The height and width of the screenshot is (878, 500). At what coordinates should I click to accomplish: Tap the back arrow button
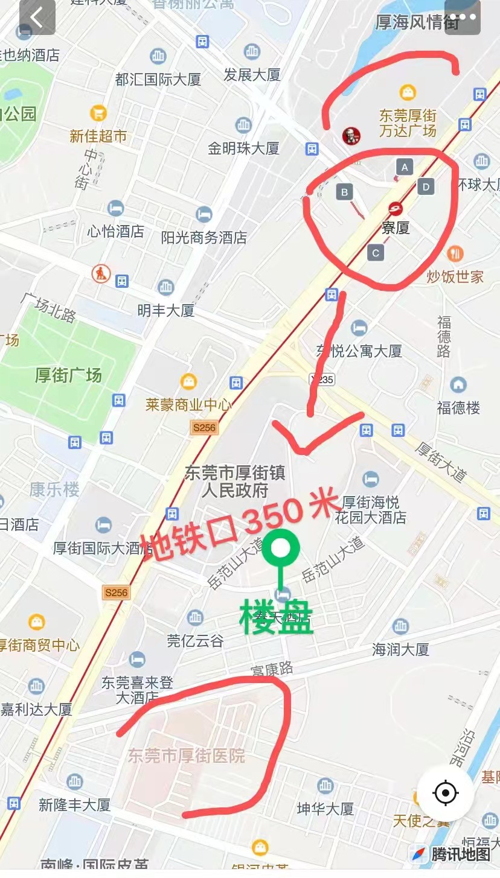(x=37, y=18)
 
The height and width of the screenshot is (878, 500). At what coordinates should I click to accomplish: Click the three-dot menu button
(x=462, y=18)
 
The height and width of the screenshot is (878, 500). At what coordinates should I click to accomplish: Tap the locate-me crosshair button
(x=446, y=792)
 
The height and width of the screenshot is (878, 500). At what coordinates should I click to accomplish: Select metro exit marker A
(x=404, y=166)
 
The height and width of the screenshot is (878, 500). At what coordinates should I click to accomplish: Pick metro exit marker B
(x=344, y=192)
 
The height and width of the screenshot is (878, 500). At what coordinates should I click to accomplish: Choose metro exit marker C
(x=376, y=253)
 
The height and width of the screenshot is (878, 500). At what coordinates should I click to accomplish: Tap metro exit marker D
(x=426, y=187)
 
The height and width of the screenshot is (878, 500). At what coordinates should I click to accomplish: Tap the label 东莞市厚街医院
(x=186, y=756)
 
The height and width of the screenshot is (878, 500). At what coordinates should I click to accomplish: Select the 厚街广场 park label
(x=68, y=375)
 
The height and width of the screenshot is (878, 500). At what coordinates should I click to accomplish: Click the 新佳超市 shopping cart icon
(x=98, y=113)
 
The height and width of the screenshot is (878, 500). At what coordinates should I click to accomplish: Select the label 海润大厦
(x=400, y=649)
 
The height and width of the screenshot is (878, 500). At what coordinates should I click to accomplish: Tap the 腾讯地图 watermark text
(x=460, y=854)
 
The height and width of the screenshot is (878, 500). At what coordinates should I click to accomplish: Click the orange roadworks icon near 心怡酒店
(x=101, y=274)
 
